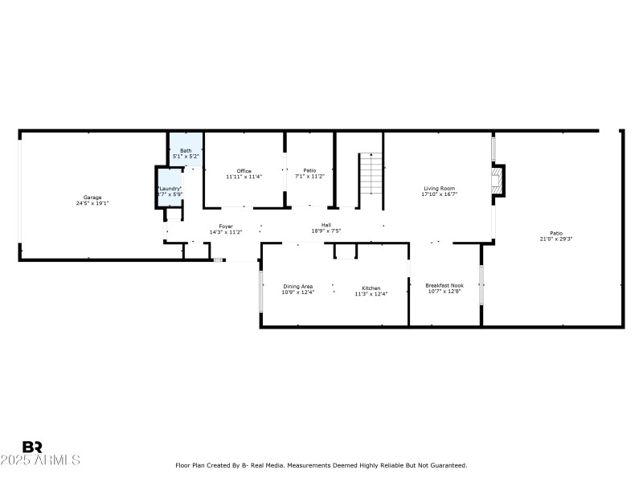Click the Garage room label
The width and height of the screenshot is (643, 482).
(92, 197)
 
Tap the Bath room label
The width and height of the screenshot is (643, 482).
(186, 150)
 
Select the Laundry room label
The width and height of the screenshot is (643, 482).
(170, 188)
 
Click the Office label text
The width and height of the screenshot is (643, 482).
(244, 170)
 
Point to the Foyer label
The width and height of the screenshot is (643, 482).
(226, 227)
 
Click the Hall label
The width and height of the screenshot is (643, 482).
(326, 225)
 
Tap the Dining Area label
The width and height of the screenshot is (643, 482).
(297, 286)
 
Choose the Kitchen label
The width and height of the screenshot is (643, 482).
(371, 288)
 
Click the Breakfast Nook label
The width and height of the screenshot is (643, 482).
(444, 285)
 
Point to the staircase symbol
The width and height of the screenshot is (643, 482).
(370, 173)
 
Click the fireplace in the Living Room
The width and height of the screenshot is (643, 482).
(499, 181)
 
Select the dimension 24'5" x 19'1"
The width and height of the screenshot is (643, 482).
(92, 203)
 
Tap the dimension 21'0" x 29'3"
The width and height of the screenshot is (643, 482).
(555, 239)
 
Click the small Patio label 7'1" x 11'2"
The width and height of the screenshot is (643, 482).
(309, 176)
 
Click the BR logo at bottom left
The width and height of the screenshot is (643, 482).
(32, 447)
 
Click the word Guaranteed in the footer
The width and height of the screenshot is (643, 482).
(449, 465)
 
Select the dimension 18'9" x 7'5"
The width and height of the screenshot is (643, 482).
(326, 231)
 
